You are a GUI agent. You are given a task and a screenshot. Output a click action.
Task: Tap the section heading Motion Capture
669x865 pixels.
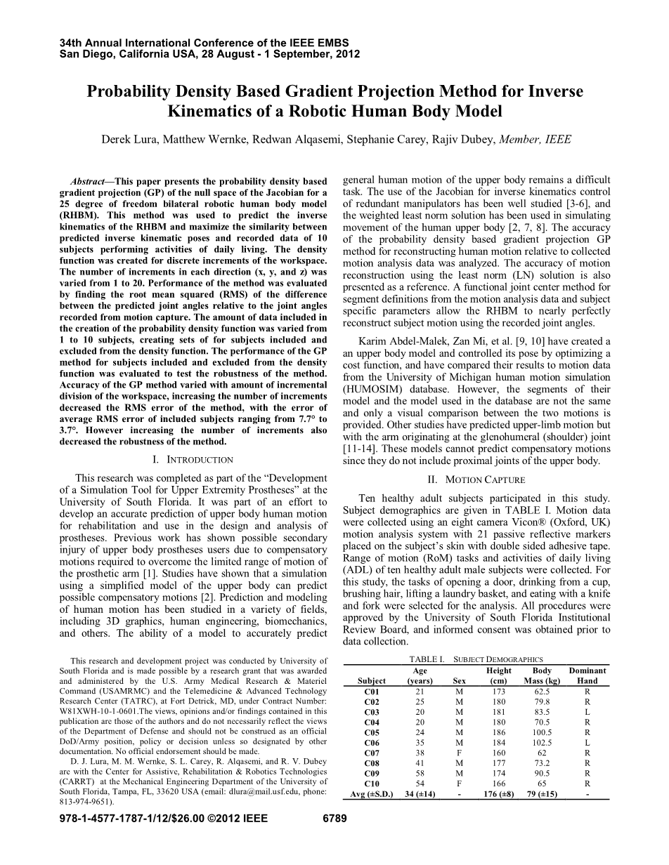click(476, 480)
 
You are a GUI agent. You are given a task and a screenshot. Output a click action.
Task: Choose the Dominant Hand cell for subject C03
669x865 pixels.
click(587, 711)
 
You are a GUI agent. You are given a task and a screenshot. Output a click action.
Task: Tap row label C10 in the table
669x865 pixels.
click(372, 784)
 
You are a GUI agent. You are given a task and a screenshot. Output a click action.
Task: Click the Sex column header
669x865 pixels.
click(460, 680)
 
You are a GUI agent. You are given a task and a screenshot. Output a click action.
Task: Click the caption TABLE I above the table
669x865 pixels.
click(427, 659)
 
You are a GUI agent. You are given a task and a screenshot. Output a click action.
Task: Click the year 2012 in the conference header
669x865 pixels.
click(347, 53)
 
